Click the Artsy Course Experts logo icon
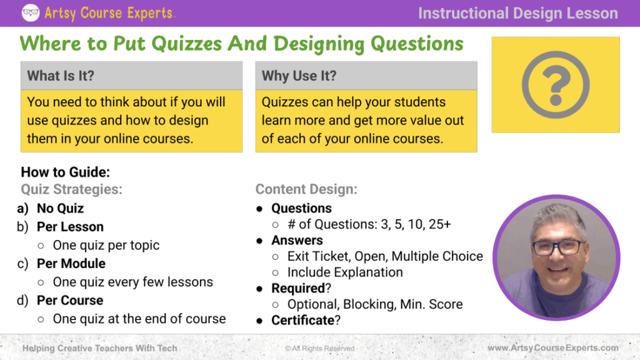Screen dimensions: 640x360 click(x=31, y=12)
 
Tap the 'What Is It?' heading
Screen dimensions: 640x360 click(x=61, y=76)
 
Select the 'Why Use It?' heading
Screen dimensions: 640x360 click(x=299, y=76)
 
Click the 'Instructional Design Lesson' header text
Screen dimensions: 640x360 click(x=518, y=13)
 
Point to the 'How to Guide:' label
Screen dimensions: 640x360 click(x=65, y=172)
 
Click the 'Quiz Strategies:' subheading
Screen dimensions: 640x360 click(x=71, y=189)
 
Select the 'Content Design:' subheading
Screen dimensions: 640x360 click(x=306, y=189)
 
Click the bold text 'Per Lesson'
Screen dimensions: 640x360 click(x=70, y=227)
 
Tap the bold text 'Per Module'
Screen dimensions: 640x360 click(x=71, y=264)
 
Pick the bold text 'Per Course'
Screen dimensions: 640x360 click(x=70, y=301)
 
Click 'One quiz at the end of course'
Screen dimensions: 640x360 click(x=139, y=319)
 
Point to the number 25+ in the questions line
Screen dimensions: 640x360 click(x=439, y=224)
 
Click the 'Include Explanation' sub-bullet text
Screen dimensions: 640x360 click(x=345, y=272)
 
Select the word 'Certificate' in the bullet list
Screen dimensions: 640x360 click(x=303, y=321)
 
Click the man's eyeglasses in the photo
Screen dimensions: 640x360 click(x=558, y=247)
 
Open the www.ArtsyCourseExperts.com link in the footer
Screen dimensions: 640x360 click(x=553, y=347)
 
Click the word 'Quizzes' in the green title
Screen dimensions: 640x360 click(x=187, y=44)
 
